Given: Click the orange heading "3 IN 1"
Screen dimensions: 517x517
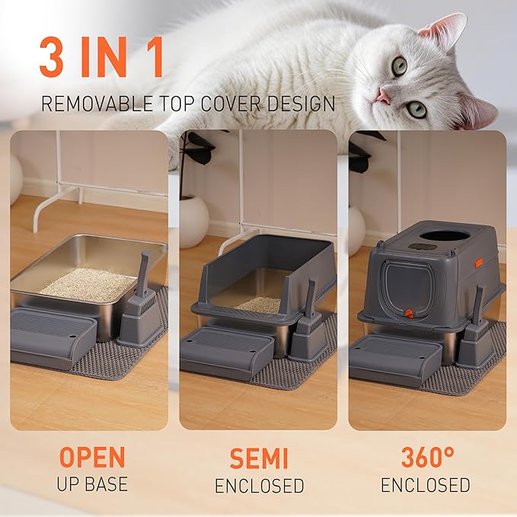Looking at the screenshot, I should [101, 59].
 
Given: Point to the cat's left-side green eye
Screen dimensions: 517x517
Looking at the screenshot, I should [399, 66].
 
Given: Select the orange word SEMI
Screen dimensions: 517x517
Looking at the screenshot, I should [259, 457].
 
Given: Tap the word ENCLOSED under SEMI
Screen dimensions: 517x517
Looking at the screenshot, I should [259, 485].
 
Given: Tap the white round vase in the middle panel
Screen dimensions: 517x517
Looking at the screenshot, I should [193, 221].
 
